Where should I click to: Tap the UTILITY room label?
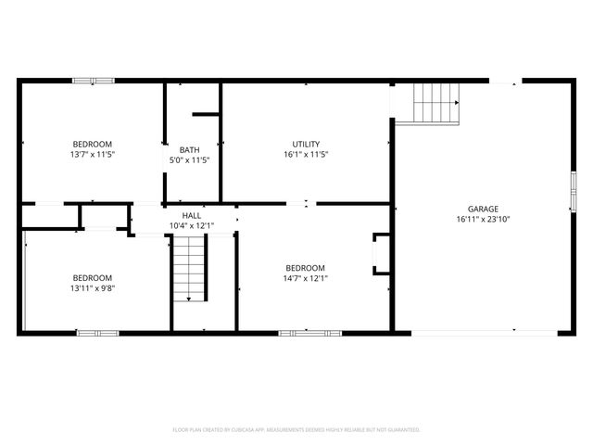point(306,144)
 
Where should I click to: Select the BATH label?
point(189,149)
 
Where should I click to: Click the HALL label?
point(191,215)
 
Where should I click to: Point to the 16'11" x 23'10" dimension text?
point(483,220)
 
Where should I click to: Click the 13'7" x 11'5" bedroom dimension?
point(93,154)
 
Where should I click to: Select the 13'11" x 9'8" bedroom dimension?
point(93,287)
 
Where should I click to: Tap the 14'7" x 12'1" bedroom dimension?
point(306,277)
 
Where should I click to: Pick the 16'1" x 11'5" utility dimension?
point(306,154)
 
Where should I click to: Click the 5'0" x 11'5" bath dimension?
point(189,159)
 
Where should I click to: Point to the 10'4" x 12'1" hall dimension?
point(191,225)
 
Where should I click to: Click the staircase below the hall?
point(188,269)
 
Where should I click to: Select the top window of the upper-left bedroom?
point(94,81)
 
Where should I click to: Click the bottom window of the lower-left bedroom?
point(97,332)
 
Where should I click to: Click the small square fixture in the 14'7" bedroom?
point(381,253)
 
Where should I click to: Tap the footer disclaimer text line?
point(296,430)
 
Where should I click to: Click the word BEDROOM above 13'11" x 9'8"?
point(93,277)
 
